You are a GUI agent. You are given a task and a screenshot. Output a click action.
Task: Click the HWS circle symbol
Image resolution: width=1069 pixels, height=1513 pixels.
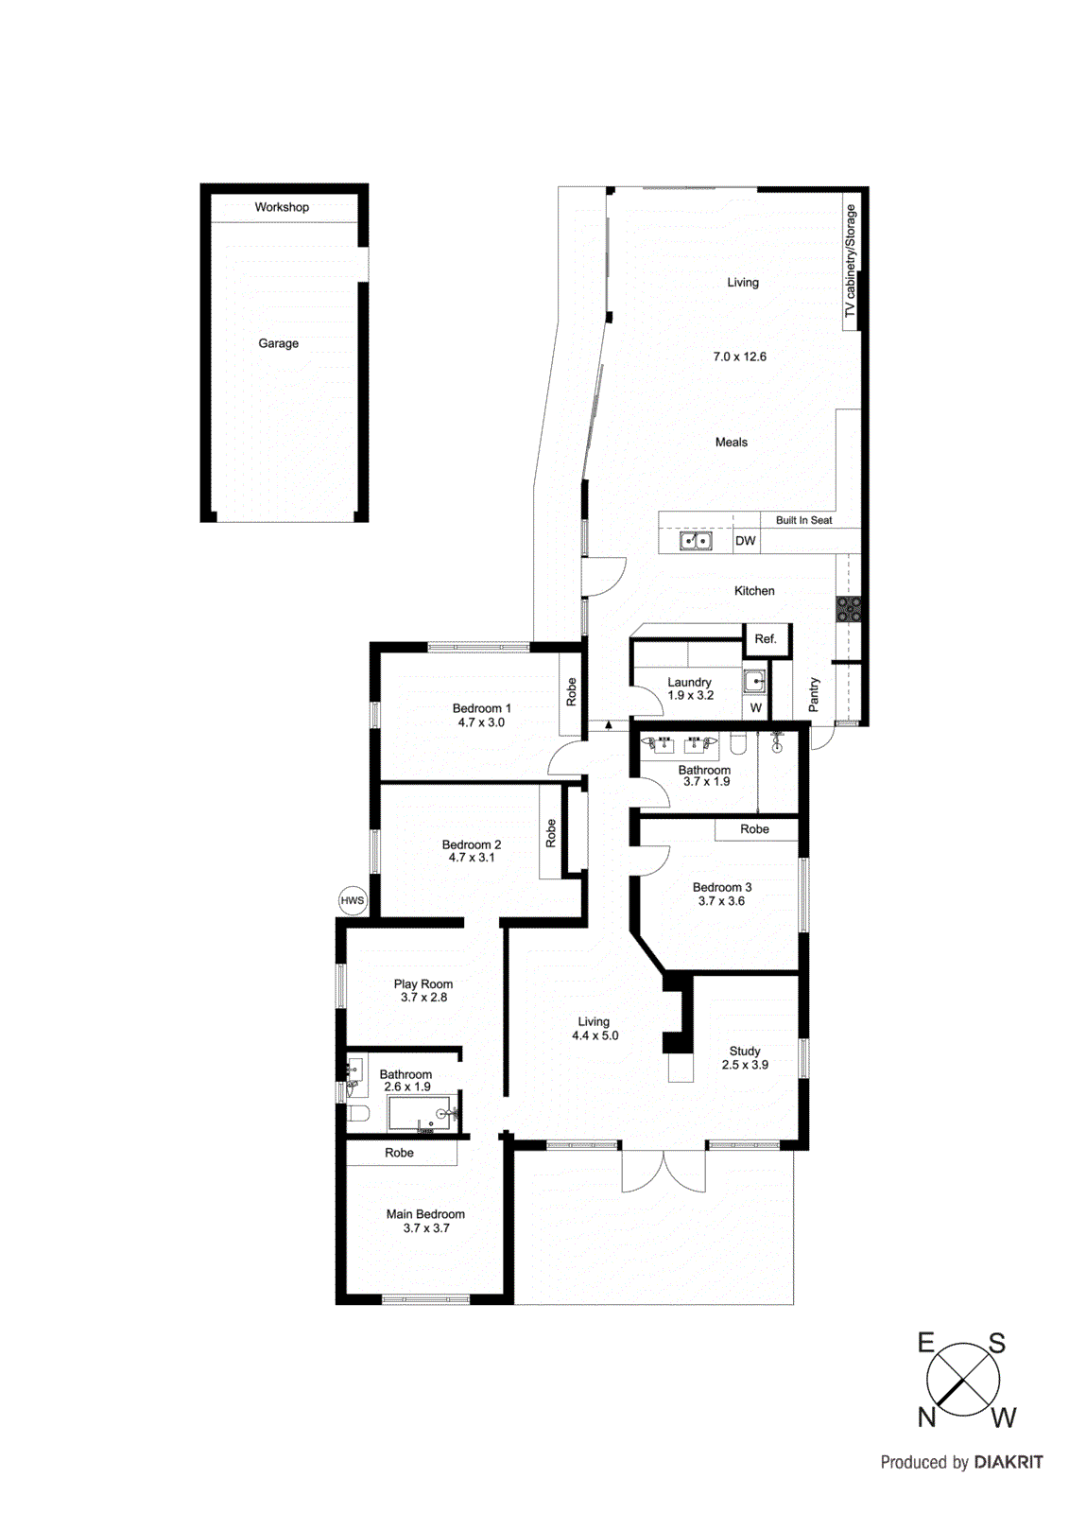pos(352,900)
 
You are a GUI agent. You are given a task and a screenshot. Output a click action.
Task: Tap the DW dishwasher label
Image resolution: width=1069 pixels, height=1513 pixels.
pos(746,541)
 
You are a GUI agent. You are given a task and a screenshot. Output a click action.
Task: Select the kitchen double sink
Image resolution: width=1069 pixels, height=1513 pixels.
pos(697,541)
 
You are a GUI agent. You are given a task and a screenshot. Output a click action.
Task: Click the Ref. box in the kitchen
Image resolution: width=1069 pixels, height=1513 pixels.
pos(766,639)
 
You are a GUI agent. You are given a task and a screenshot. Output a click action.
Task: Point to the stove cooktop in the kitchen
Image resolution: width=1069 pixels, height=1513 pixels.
pos(848,609)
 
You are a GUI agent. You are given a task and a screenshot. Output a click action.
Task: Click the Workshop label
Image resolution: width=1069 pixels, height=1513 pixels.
pos(282,207)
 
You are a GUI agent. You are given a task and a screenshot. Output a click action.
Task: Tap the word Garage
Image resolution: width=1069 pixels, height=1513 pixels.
pos(278,343)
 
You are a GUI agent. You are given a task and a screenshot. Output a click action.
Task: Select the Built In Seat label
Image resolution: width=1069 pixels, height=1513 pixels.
pos(803,520)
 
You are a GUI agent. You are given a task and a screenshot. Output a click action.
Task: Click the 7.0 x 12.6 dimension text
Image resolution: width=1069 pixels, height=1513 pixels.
pos(739,357)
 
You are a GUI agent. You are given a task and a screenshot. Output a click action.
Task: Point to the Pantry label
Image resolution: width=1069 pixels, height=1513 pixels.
pos(814,695)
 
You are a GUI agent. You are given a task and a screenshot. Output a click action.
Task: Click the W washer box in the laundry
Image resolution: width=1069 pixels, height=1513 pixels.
pos(755,707)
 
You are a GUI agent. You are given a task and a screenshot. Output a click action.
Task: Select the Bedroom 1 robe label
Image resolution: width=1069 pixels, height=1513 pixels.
pos(571,692)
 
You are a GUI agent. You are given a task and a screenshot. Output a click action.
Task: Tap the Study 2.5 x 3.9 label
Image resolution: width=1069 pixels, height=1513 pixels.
pos(745,1058)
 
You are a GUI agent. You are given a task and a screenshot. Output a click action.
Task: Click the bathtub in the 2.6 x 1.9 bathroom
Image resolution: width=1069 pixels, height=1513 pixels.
pos(421,1114)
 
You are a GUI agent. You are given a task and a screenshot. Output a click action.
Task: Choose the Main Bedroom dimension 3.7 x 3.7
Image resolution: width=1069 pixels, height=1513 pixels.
pos(426,1228)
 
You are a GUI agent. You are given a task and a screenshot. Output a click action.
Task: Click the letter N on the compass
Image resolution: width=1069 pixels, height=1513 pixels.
pos(926,1417)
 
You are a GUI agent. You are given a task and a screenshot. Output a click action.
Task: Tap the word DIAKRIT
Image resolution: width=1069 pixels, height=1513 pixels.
pos(1009,1462)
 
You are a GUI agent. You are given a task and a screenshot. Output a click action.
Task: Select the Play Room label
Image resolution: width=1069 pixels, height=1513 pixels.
pos(422,984)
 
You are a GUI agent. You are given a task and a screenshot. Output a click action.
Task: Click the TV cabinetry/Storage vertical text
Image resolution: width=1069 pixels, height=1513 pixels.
pos(851,261)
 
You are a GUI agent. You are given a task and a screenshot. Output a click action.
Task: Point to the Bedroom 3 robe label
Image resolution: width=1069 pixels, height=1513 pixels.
pos(754,829)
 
